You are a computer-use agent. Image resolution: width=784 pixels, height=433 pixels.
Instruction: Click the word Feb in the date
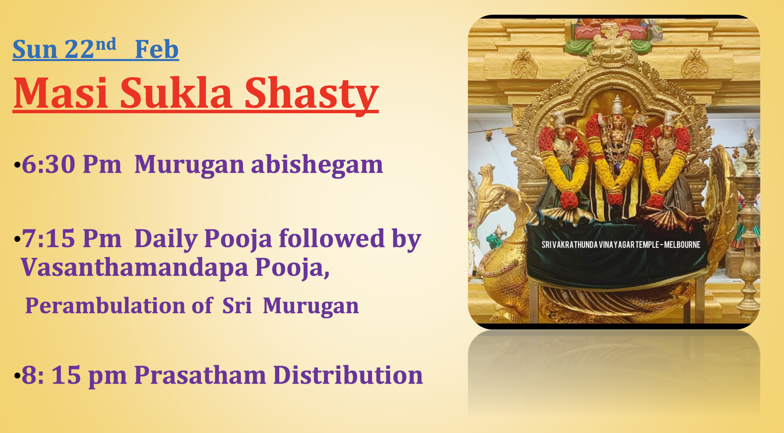coord(156,50)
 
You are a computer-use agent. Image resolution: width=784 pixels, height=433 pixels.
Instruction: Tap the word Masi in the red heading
coord(60,93)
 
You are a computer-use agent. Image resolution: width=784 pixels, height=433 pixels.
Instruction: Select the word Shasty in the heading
coord(311,94)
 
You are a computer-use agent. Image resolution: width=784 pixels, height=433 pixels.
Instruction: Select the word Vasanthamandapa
coord(134,267)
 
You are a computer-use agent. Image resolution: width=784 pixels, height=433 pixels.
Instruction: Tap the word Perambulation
coord(105,306)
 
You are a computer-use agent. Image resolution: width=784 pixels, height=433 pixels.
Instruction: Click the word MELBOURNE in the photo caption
coord(682,245)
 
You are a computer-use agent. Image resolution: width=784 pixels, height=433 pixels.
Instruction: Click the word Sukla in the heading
coord(176,93)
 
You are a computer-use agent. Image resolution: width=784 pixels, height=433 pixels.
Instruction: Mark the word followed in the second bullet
coord(331,239)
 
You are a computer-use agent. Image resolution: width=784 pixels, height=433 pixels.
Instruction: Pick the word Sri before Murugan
coord(237,306)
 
